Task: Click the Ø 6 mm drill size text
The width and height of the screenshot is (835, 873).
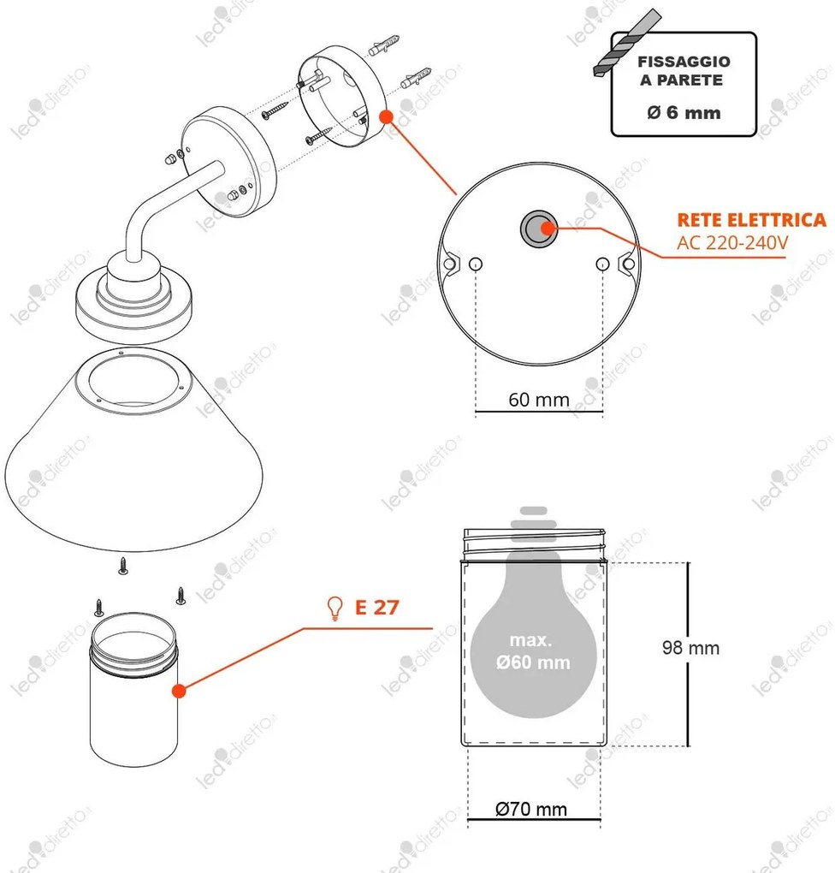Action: coord(684,112)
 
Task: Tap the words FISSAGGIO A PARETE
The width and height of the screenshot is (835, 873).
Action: coord(684,71)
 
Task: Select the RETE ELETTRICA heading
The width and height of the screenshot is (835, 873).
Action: coord(751,220)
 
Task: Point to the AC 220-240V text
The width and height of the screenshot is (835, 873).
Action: coord(732,243)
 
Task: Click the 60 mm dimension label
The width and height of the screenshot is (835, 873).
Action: coord(539,399)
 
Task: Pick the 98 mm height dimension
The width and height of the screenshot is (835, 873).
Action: coord(690,648)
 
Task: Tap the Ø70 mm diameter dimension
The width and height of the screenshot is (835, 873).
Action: coord(531,809)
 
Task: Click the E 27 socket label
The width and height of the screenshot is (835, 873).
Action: coord(377,608)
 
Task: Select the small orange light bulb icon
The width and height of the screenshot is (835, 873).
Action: coord(335,609)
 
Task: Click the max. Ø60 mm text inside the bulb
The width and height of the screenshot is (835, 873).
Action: coord(532,651)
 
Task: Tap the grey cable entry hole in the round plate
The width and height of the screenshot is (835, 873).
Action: coord(538,228)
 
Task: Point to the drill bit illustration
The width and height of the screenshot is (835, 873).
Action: coord(626,42)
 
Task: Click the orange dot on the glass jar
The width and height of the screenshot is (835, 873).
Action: coord(179,691)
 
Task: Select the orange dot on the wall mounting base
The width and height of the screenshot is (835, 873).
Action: coord(387,117)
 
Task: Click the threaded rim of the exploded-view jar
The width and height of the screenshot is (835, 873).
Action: coord(133,646)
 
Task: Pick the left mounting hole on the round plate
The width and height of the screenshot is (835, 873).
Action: coord(476,264)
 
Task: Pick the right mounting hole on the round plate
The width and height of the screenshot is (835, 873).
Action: coord(602,264)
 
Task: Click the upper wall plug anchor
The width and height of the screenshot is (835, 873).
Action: coord(384,45)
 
